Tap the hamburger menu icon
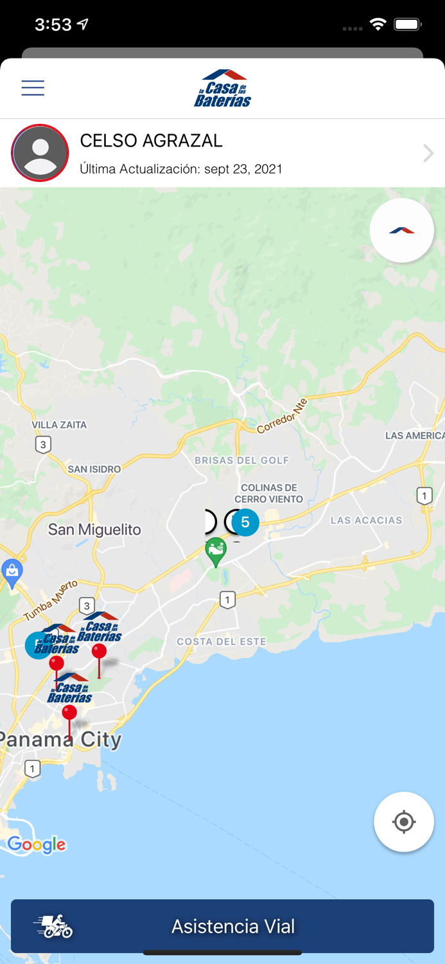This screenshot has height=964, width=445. point(33,88)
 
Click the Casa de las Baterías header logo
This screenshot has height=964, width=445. point(222,89)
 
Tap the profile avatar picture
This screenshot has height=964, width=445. point(40,153)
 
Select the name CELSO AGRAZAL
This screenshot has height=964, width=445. point(151,141)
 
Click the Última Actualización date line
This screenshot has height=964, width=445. point(181,169)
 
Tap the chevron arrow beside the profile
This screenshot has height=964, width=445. point(428,153)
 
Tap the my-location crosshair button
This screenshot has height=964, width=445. point(404,822)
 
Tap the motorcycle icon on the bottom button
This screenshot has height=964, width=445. point(54,926)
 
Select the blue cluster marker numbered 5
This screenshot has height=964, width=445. point(245,522)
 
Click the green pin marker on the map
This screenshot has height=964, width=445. point(216,551)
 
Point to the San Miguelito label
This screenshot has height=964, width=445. point(94,530)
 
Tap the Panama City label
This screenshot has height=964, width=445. point(61,740)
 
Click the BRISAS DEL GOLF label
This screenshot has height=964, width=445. point(242,460)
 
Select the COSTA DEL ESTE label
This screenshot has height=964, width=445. point(222,641)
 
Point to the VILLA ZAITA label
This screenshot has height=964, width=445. point(59,425)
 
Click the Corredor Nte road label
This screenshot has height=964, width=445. point(283,416)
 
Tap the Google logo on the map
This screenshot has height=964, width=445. point(37,844)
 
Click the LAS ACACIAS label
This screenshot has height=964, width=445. point(366,521)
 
